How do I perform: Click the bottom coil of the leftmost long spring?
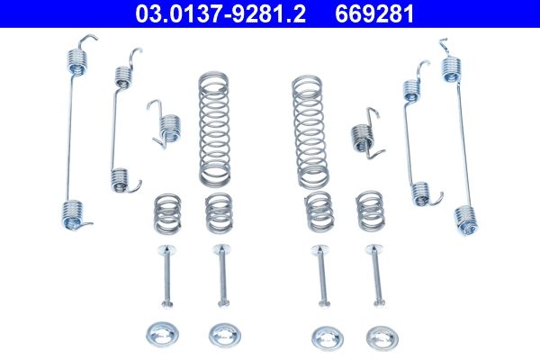coord(76,213)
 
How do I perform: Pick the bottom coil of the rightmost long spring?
coord(464,218)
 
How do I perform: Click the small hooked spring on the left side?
coord(165,125)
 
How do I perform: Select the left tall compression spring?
coord(213,125)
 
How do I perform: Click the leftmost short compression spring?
coord(166,212)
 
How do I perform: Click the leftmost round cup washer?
coord(165,333)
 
